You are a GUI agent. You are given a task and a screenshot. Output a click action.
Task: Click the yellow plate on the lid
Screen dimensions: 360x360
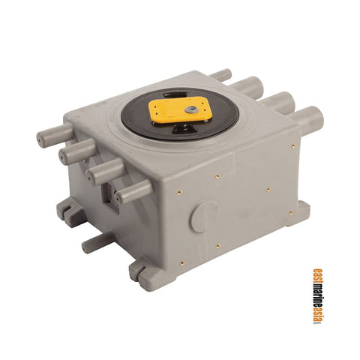(177, 109)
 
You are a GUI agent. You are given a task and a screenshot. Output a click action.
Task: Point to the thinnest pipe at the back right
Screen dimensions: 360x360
(221, 75)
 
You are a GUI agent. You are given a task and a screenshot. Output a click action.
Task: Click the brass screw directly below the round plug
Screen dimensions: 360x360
(217, 246)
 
